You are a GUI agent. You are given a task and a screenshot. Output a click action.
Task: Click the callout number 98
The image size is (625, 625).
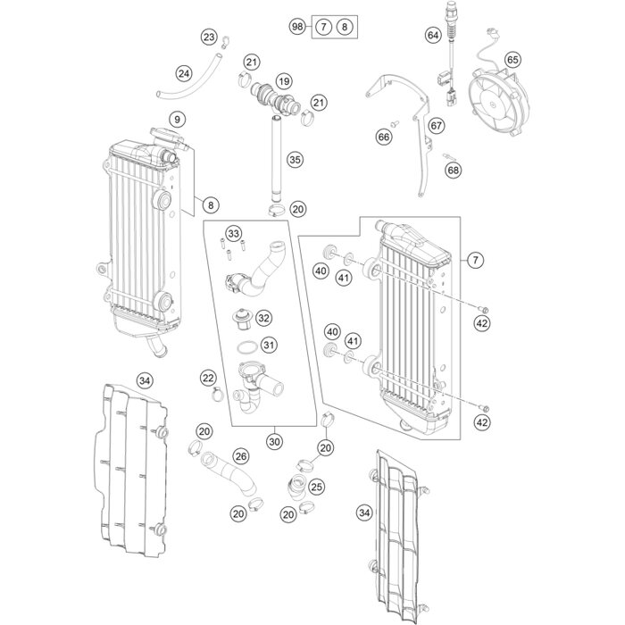pos(298,28)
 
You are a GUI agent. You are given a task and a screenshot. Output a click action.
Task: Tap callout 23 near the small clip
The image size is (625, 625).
pos(209,37)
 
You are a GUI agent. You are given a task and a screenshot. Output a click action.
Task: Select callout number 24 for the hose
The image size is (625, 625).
pos(184,72)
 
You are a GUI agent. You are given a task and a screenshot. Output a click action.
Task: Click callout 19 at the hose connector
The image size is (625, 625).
pos(284,82)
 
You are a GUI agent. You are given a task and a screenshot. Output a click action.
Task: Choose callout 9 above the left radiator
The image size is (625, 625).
pos(177,119)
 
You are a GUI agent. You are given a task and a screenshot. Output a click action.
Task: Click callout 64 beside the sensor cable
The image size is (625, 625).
pos(433,36)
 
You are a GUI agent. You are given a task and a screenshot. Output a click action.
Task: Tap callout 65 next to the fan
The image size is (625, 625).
pos(512,60)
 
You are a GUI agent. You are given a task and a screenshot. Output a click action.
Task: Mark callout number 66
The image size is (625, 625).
pos(384,137)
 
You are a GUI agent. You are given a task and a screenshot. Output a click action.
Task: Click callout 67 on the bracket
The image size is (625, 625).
pos(437,126)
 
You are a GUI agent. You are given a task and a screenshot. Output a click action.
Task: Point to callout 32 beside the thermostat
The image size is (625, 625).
pos(263,317)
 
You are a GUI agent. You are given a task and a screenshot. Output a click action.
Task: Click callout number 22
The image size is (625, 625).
pos(208,378)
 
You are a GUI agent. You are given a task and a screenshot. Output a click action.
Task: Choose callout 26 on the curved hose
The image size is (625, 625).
pos(239,456)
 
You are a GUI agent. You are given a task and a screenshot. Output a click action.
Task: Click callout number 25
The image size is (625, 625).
pos(316,487)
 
